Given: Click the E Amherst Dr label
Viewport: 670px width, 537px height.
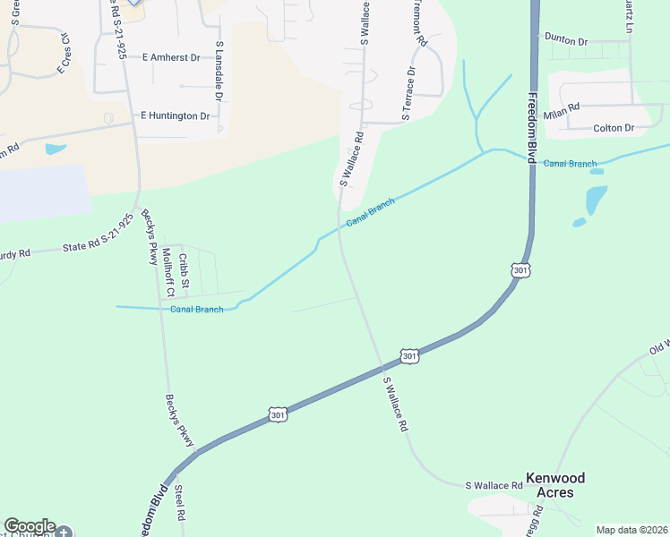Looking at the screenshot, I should click(x=170, y=56).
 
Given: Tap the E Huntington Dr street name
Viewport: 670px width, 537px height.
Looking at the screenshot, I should click(x=175, y=116).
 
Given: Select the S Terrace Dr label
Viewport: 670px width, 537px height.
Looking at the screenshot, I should click(x=409, y=92).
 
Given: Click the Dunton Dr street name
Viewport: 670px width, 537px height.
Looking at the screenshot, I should click(x=565, y=41).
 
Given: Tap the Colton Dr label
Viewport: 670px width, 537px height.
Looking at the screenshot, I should click(x=614, y=128).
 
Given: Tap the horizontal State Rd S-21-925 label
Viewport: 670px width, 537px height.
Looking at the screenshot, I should click(x=98, y=245).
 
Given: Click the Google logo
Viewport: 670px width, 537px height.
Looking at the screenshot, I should click(x=30, y=526).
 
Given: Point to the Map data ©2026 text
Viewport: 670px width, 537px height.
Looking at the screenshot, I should click(x=631, y=530).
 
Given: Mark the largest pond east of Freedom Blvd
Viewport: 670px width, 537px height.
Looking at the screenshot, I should click(x=596, y=198).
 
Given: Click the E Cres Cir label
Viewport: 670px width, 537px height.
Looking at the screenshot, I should click(x=64, y=55).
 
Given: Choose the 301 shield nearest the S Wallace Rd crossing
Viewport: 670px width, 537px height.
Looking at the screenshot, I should click(x=408, y=356).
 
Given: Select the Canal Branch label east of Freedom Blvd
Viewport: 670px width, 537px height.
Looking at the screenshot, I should click(x=570, y=164).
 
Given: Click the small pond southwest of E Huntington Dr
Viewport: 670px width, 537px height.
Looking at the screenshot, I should click(x=56, y=149).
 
